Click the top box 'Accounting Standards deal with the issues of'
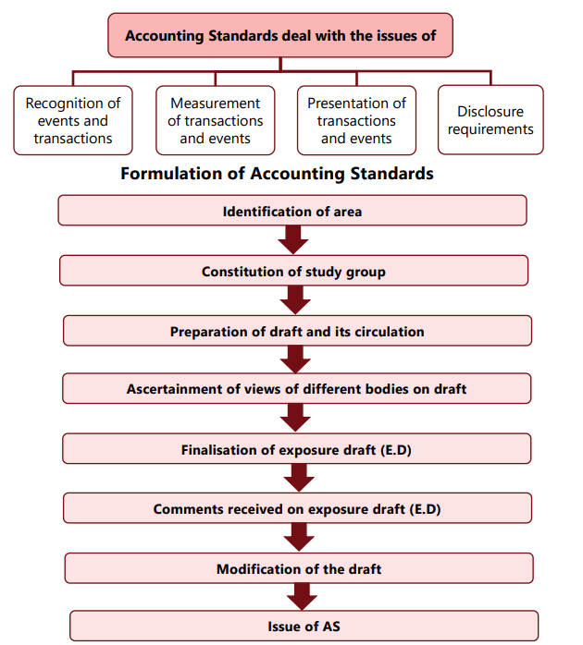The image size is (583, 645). point(280,36)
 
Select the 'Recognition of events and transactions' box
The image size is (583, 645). point(73,121)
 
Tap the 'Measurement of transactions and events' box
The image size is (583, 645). point(215,121)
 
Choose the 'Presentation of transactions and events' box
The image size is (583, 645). point(356,121)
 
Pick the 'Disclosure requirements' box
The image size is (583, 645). point(490,121)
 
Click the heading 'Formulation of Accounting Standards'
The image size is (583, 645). point(277,174)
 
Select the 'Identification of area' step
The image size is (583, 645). point(292,212)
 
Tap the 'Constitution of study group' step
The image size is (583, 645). point(293,272)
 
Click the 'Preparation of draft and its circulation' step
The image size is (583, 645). point(297,331)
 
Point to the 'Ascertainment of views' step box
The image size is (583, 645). point(297,389)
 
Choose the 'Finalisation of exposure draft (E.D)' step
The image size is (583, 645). point(297,449)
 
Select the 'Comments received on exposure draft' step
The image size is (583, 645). point(297,508)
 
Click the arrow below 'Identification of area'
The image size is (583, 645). point(292,240)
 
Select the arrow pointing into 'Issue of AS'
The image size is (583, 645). point(298,596)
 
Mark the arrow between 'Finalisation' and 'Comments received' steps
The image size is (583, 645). point(297,478)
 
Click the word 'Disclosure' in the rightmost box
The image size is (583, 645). point(490,112)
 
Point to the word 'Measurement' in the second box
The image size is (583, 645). point(215,103)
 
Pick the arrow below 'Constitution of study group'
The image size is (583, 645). point(294,300)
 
